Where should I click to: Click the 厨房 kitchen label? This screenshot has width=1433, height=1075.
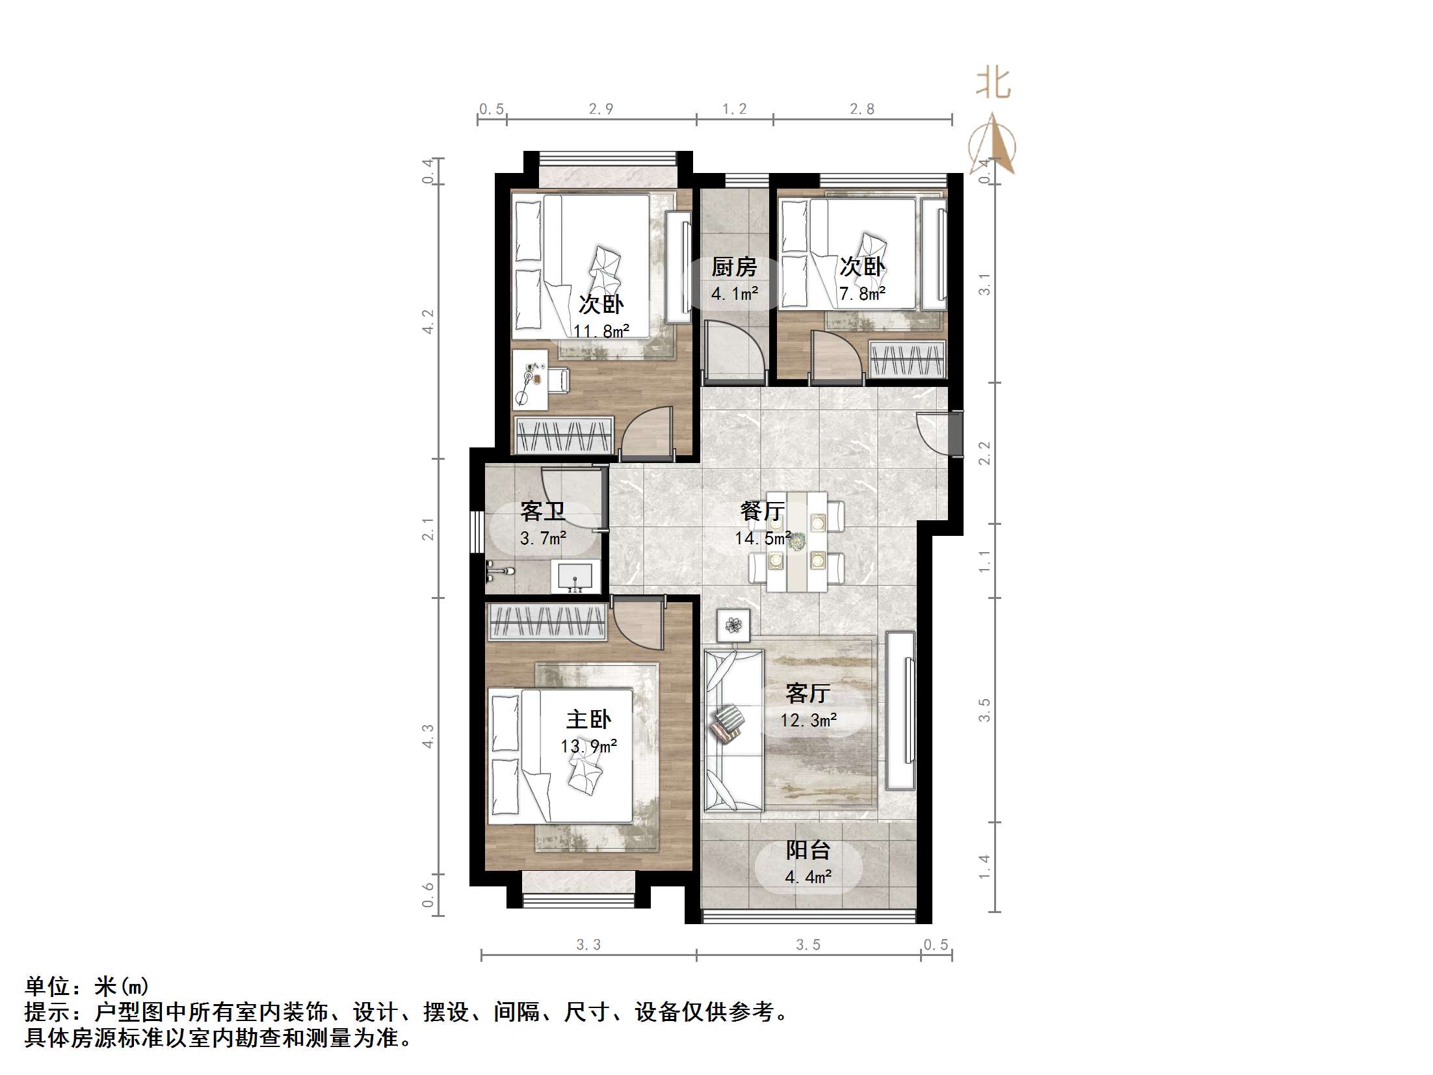tap(734, 267)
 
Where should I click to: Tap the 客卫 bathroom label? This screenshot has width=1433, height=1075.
tap(542, 511)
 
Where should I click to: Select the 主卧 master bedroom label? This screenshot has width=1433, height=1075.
tap(588, 719)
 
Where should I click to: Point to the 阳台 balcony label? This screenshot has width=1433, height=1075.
tap(808, 850)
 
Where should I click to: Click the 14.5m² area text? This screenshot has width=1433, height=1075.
tap(763, 538)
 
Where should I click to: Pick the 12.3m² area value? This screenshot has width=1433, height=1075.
tap(808, 720)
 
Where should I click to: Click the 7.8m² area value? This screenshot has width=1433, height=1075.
tap(862, 294)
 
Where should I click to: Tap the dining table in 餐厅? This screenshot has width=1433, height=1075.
tap(797, 542)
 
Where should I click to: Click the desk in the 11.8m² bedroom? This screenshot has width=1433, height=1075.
tap(530, 380)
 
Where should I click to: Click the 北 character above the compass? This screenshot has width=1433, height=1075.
tap(993, 84)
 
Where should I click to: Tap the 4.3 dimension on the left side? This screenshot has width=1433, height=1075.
tap(428, 736)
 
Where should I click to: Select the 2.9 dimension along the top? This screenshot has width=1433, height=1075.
tap(601, 109)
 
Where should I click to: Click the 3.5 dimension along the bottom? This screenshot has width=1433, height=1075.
tap(808, 945)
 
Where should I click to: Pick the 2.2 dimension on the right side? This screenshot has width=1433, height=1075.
tap(985, 453)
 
